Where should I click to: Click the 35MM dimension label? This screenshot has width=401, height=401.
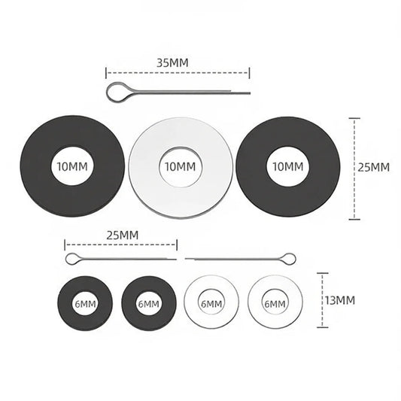(x=172, y=63)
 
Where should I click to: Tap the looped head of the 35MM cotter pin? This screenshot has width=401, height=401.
(x=107, y=92)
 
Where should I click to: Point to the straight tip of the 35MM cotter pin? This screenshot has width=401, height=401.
(x=250, y=93)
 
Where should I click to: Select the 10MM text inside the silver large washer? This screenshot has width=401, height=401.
(x=181, y=167)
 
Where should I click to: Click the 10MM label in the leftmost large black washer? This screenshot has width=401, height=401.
(x=72, y=167)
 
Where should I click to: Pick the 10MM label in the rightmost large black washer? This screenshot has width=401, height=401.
(x=288, y=167)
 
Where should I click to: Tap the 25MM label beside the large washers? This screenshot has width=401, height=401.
(x=373, y=167)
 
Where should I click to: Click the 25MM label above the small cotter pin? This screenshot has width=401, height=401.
(x=122, y=235)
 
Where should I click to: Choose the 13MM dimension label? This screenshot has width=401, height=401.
(x=340, y=300)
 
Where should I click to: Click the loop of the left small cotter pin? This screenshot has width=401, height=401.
(x=66, y=259)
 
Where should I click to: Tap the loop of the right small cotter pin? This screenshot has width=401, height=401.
(x=295, y=258)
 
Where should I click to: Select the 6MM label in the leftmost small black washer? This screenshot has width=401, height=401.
(x=86, y=304)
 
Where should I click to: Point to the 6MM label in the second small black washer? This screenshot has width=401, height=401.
(x=148, y=304)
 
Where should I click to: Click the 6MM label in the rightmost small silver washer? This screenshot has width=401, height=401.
(x=275, y=304)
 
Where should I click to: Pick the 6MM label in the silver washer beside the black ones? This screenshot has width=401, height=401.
(x=211, y=304)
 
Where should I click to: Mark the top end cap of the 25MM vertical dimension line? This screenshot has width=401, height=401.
(x=354, y=118)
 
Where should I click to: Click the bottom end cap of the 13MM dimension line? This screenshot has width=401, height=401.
(x=323, y=327)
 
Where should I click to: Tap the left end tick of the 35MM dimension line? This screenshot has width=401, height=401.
(x=106, y=73)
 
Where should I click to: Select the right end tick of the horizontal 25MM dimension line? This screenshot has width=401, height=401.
(x=177, y=245)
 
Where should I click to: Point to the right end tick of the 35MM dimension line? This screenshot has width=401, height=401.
(x=249, y=73)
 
